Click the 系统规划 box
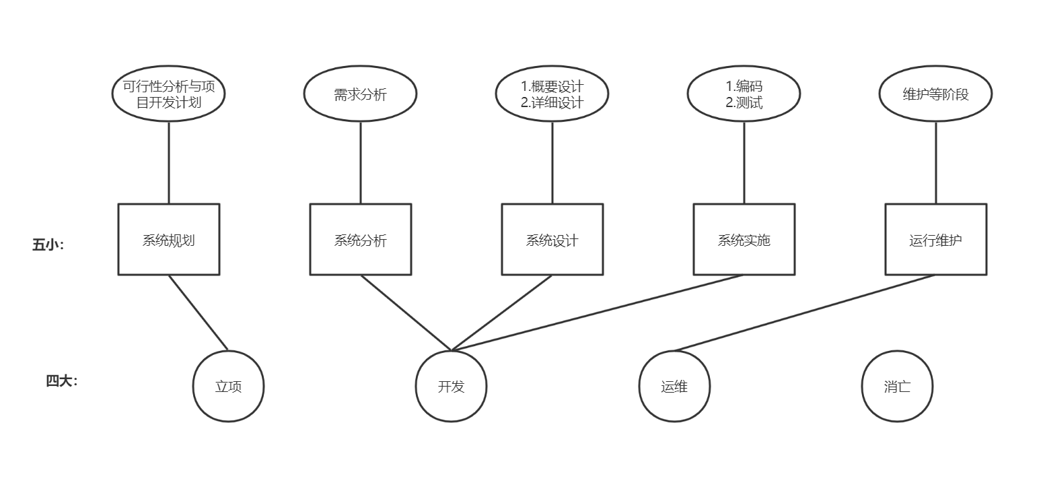click(168, 240)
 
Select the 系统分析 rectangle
click(360, 240)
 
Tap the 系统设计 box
click(552, 240)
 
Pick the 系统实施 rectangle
click(744, 240)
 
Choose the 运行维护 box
click(935, 240)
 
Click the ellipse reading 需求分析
click(360, 94)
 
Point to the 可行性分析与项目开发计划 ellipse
click(168, 94)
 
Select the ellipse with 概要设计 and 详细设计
click(552, 94)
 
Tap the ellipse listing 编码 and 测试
click(744, 94)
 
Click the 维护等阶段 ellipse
click(935, 94)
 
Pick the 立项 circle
click(228, 387)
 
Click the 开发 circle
click(451, 387)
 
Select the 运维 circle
click(674, 387)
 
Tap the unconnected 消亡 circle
click(897, 387)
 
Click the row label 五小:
click(48, 245)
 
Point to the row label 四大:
click(62, 381)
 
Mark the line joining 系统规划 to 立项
click(198, 313)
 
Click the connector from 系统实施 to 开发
click(598, 313)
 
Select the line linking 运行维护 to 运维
click(805, 313)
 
